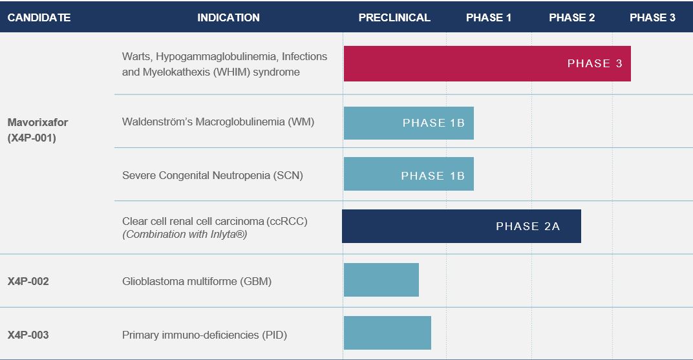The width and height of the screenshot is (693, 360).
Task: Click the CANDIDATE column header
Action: (39, 17)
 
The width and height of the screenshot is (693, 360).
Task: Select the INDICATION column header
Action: (228, 17)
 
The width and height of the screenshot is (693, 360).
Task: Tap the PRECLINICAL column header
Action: (394, 17)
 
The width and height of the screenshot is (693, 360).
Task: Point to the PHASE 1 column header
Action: (488, 17)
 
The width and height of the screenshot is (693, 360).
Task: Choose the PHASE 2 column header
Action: (572, 17)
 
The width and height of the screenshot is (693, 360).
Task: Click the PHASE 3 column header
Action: (652, 17)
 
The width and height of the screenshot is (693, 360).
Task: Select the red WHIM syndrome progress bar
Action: (487, 63)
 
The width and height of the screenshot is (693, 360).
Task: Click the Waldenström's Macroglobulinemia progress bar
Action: (409, 123)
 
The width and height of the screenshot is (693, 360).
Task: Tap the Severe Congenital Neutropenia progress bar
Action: (409, 174)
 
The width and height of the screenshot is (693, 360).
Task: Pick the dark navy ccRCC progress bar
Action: (462, 226)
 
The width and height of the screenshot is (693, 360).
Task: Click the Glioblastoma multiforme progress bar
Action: (381, 280)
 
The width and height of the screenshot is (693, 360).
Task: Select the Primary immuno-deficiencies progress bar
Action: (388, 333)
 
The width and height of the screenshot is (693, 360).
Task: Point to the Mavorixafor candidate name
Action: (37, 122)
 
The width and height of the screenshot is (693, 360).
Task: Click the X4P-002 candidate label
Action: (28, 281)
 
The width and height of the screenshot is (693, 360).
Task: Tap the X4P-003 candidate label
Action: (28, 335)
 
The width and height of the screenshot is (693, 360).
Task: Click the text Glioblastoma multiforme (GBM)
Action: (197, 281)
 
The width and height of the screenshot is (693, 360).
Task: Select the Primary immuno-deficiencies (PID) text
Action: (205, 335)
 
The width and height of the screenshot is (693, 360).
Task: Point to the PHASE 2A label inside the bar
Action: (528, 227)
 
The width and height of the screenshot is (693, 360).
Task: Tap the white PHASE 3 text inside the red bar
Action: (595, 63)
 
